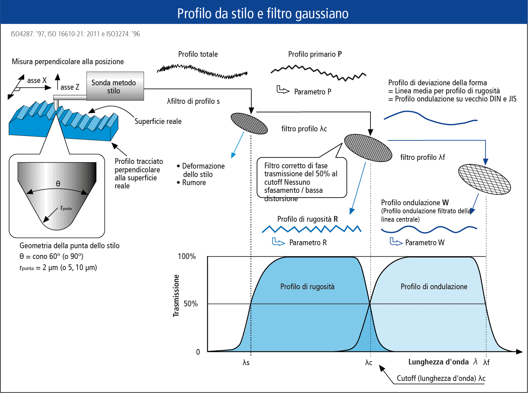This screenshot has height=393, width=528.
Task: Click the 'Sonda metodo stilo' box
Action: coord(115,86)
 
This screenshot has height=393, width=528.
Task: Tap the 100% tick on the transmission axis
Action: coord(187,256)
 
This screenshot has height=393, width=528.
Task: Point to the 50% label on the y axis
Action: coord(191,304)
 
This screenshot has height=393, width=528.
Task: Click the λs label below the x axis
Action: coord(246,362)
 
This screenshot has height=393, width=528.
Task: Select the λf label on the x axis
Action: coord(486,362)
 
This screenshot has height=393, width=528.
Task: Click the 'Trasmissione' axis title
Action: coord(176,296)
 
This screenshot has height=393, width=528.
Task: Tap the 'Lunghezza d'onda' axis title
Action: coord(439,362)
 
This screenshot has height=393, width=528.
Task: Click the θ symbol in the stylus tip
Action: coord(58,183)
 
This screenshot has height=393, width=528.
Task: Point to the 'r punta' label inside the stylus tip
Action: coord(66,208)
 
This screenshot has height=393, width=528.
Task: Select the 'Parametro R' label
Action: coord(308,243)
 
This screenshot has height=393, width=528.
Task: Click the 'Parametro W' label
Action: coord(425,243)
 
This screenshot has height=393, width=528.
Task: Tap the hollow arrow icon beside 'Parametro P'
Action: coord(283,90)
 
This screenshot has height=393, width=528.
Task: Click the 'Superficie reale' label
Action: coord(158,121)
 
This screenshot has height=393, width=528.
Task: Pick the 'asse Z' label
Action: coord(70,87)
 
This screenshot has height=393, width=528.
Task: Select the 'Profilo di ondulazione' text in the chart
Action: coord(434,287)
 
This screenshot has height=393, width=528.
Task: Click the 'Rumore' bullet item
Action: coord(191,183)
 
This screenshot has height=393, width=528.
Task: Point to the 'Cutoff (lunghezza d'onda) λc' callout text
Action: coord(441,378)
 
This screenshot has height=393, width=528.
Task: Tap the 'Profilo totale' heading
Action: coord(198,54)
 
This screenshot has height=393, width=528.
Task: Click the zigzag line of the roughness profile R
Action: coord(312,229)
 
